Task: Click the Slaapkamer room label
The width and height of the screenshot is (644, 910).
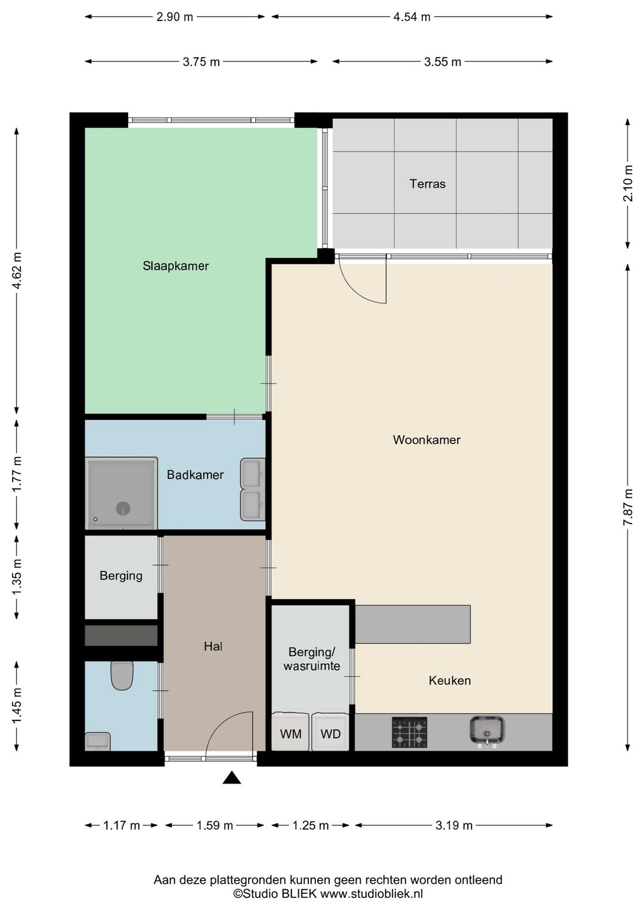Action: [x=175, y=266]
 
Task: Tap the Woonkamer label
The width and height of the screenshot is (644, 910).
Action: [x=426, y=439]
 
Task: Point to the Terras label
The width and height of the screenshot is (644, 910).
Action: [x=428, y=184]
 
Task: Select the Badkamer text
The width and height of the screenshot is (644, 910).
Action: [x=195, y=475]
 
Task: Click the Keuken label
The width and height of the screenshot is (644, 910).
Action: [x=450, y=680]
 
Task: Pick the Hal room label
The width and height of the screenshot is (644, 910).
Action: [x=213, y=646]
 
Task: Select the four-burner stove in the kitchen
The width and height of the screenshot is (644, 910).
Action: [x=409, y=732]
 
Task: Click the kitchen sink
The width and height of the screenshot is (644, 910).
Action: [x=487, y=732]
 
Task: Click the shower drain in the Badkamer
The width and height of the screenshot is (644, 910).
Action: [x=123, y=508]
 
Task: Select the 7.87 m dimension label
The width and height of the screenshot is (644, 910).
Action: [x=628, y=507]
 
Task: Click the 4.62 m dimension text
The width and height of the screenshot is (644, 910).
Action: [x=17, y=270]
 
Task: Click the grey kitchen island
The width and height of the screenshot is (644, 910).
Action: [x=413, y=624]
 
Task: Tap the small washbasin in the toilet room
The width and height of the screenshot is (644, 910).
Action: [x=98, y=741]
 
